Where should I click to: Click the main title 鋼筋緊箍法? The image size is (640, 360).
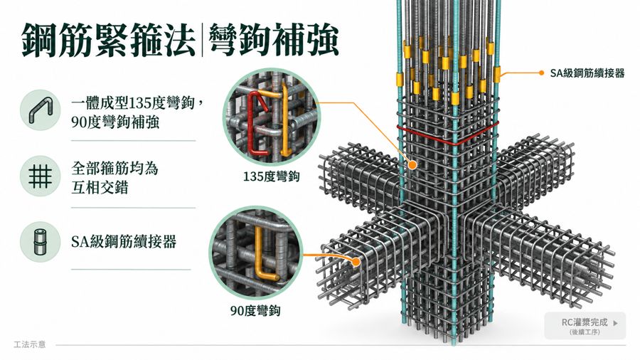(x=109, y=40)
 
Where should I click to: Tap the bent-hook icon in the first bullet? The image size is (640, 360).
(x=41, y=110)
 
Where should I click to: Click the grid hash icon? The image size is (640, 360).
(x=41, y=176)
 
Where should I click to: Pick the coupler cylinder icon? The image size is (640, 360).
(x=40, y=242)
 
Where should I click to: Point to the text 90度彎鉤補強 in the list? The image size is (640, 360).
(x=115, y=122)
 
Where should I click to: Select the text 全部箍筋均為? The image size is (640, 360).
(x=114, y=168)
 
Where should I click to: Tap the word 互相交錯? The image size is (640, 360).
(x=100, y=187)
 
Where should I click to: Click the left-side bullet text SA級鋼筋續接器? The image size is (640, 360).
(x=124, y=242)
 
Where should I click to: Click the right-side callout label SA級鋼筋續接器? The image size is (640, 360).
(x=587, y=73)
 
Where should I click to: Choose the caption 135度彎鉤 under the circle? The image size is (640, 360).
(x=271, y=176)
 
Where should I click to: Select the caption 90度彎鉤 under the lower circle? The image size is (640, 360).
(x=255, y=311)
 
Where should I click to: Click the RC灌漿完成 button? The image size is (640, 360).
(x=585, y=326)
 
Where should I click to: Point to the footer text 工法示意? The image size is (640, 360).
(x=29, y=344)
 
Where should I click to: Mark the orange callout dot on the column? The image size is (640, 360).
(x=412, y=165)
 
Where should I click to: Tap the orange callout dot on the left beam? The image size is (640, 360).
(x=356, y=261)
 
